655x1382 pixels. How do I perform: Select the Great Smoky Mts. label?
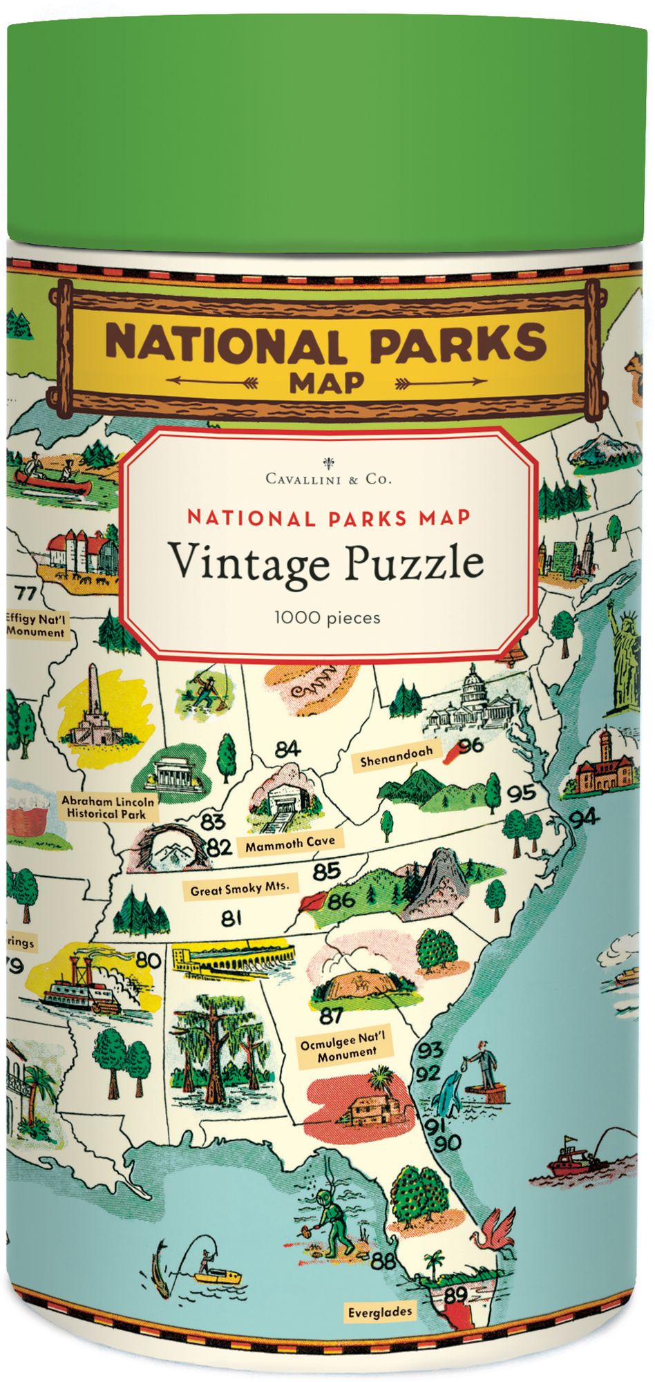[240, 889]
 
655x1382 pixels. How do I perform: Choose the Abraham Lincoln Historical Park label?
[108, 808]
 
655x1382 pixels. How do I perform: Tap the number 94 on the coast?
[584, 817]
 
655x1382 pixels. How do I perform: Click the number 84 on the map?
[287, 748]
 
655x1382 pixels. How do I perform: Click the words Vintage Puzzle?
[327, 562]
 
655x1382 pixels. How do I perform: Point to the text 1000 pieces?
[327, 616]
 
